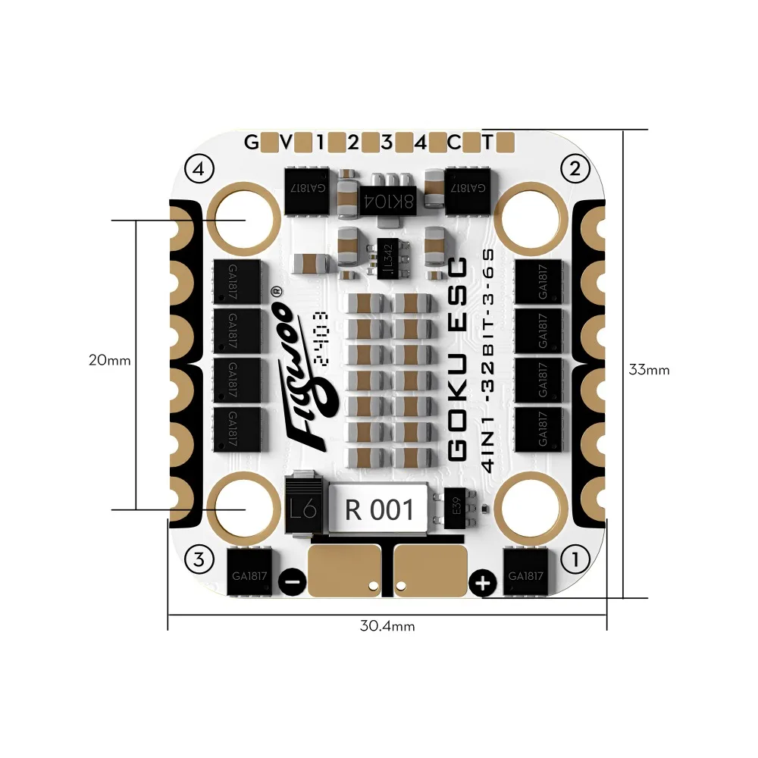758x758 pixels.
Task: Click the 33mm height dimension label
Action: click(649, 370)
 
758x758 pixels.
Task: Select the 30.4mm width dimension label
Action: click(387, 626)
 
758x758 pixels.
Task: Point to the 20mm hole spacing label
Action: click(109, 360)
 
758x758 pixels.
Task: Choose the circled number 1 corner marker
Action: click(575, 561)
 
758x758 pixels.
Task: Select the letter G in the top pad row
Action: click(250, 142)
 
